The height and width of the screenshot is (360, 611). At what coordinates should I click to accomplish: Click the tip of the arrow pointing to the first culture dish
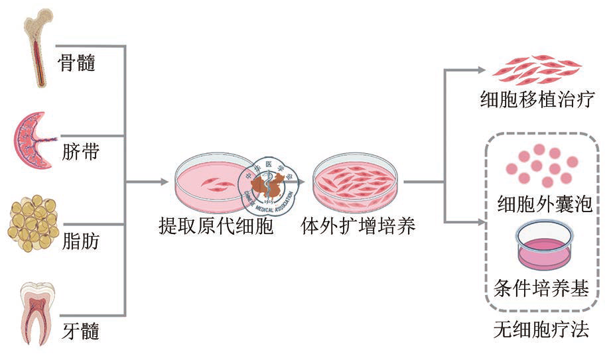pyautogui.click(x=169, y=182)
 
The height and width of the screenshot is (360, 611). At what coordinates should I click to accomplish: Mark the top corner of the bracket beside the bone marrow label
pyautogui.click(x=125, y=46)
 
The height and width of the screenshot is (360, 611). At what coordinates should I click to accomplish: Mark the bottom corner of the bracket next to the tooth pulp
pyautogui.click(x=125, y=315)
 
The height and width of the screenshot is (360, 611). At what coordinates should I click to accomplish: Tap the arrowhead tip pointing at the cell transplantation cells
pyautogui.click(x=486, y=70)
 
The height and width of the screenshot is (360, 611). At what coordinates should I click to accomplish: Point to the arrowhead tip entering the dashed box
pyautogui.click(x=486, y=223)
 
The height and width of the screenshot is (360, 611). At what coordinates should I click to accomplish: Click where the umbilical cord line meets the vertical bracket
pyautogui.click(x=125, y=136)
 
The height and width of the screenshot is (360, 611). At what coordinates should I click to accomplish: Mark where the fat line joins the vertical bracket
pyautogui.click(x=125, y=224)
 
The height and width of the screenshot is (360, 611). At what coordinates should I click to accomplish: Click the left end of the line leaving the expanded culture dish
pyautogui.click(x=404, y=182)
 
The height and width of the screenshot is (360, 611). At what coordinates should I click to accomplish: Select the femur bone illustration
pyautogui.click(x=38, y=48)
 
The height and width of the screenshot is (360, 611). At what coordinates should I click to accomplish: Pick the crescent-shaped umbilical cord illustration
pyautogui.click(x=34, y=141)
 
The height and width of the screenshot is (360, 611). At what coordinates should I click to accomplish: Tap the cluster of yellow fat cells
pyautogui.click(x=33, y=223)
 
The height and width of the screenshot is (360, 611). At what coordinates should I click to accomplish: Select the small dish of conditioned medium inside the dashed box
pyautogui.click(x=544, y=245)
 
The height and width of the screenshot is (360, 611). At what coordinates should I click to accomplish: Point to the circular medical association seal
pyautogui.click(x=268, y=186)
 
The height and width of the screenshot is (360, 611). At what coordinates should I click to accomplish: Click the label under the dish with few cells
pyautogui.click(x=216, y=226)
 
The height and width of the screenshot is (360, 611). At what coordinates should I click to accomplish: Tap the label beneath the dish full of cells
pyautogui.click(x=358, y=226)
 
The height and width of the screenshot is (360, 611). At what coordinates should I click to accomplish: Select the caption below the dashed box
pyautogui.click(x=541, y=330)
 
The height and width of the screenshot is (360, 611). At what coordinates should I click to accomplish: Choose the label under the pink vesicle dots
pyautogui.click(x=545, y=204)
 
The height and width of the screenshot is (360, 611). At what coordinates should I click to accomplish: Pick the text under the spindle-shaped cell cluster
pyautogui.click(x=537, y=99)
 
